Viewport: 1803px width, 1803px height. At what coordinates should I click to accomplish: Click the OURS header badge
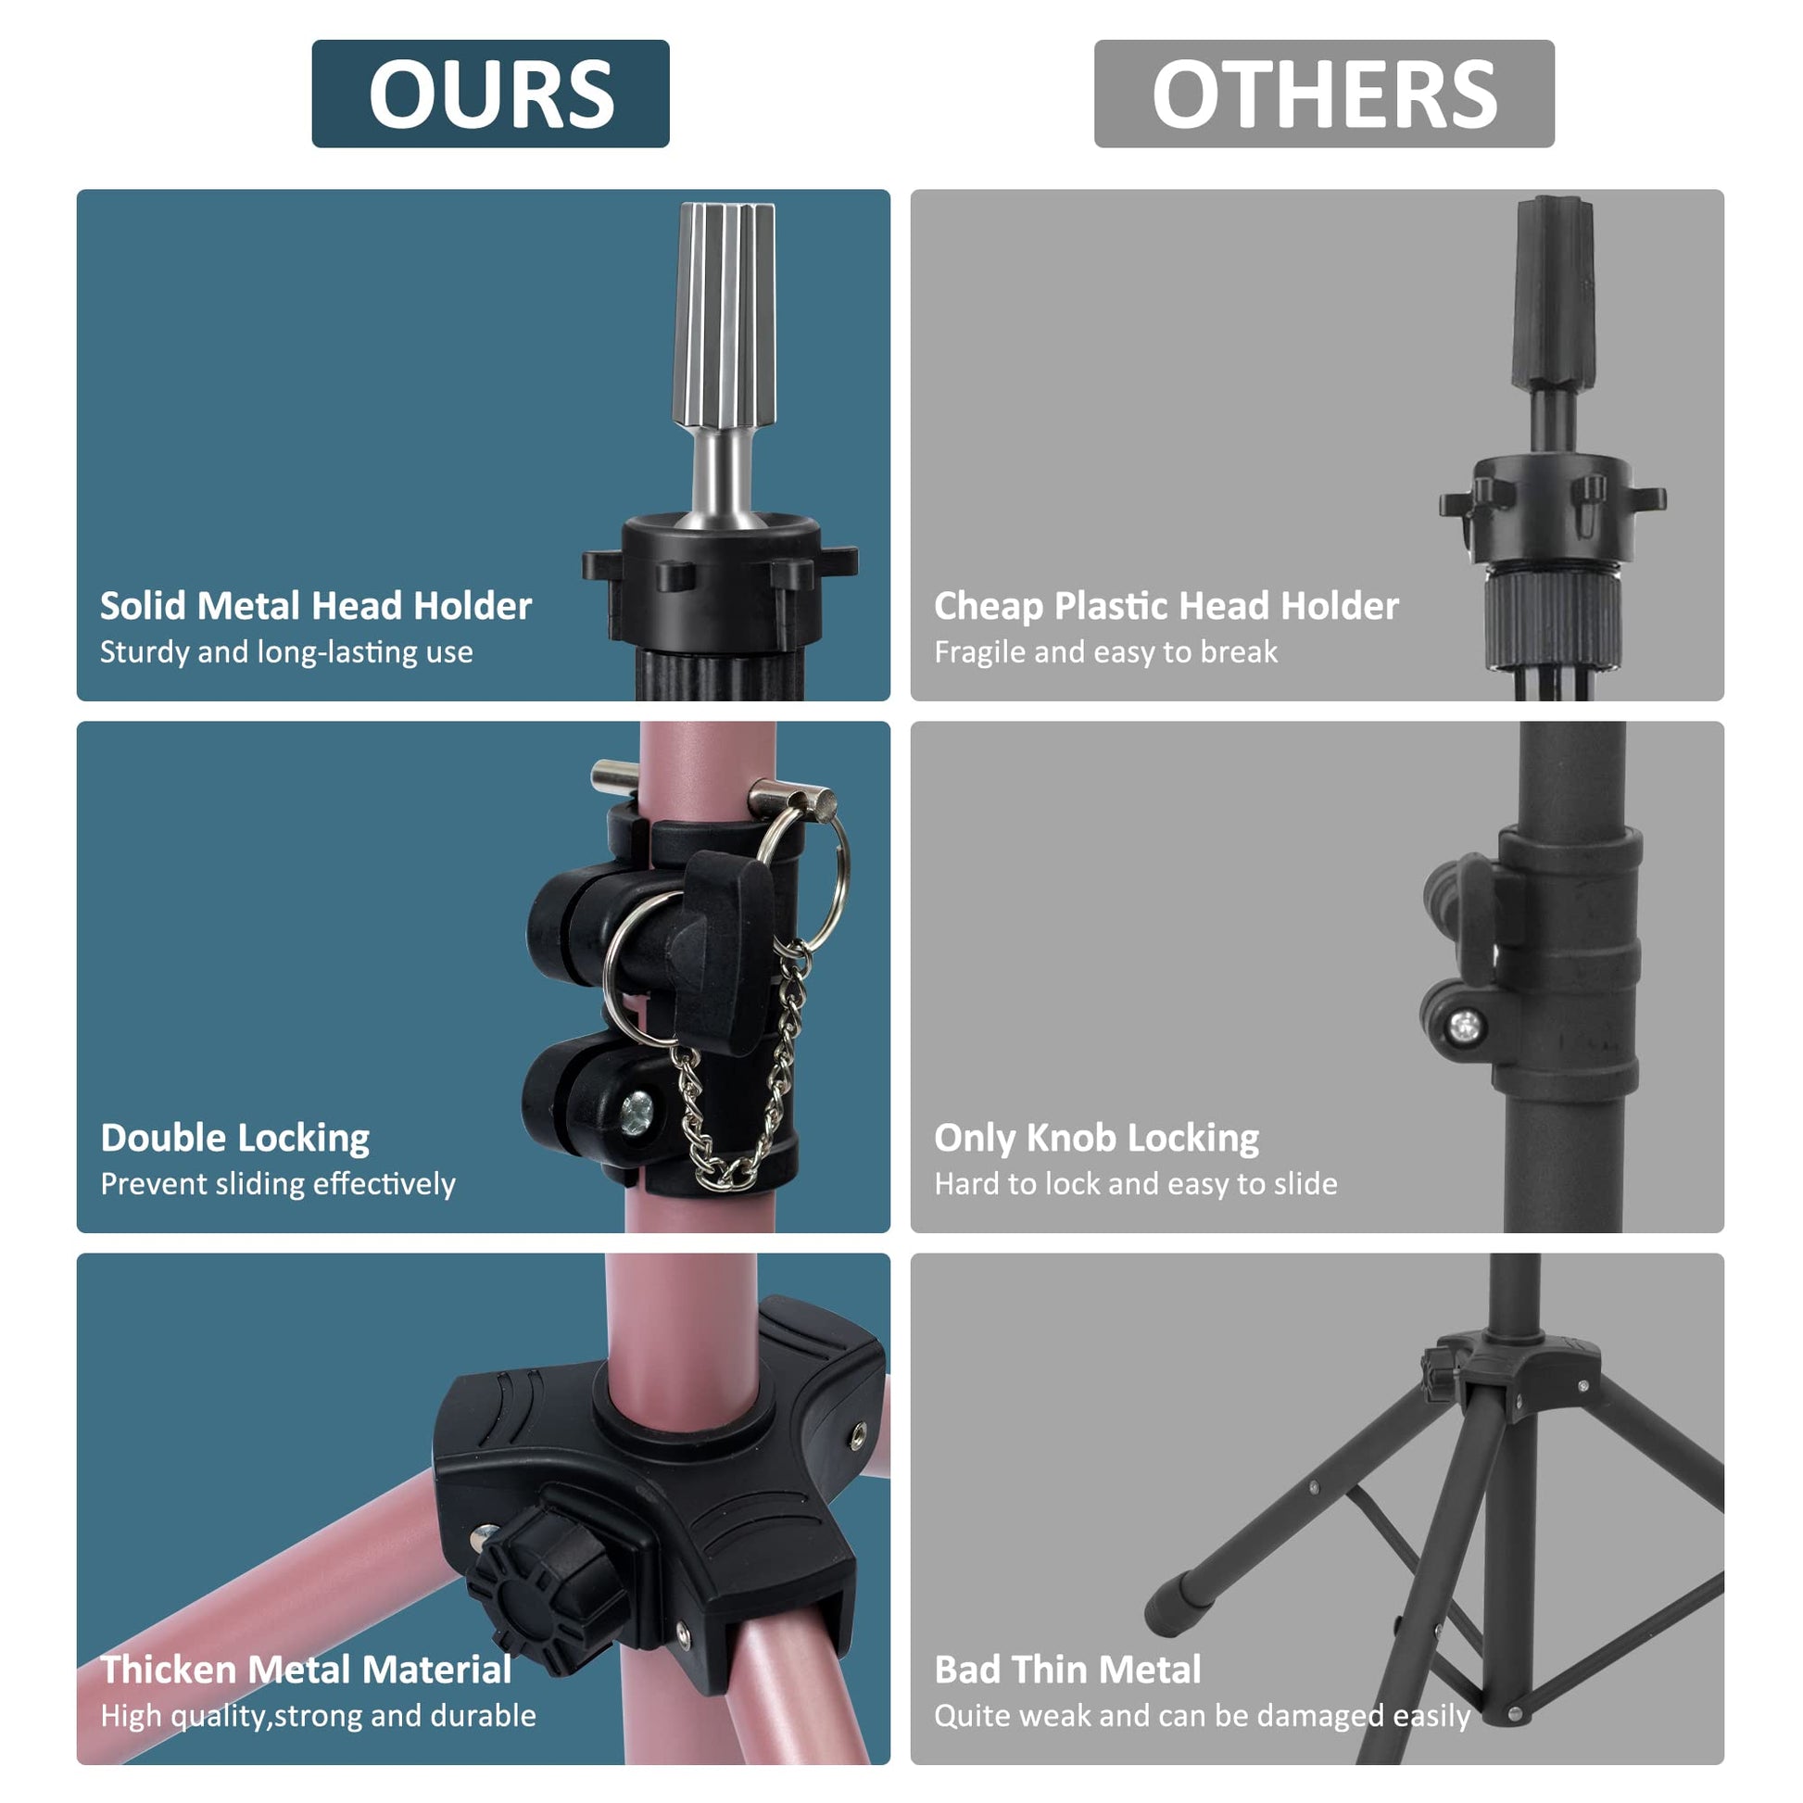pyautogui.click(x=490, y=94)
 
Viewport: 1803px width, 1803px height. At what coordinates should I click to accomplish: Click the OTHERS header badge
pyautogui.click(x=1324, y=94)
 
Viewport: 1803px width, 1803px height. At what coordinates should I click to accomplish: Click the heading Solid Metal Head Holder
pyautogui.click(x=315, y=606)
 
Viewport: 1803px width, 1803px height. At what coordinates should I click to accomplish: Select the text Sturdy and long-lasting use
pyautogui.click(x=286, y=651)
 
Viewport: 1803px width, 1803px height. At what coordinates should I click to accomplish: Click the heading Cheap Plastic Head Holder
pyautogui.click(x=1166, y=607)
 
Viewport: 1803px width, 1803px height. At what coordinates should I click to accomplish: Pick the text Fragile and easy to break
pyautogui.click(x=1106, y=651)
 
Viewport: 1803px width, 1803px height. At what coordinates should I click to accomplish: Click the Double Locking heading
pyautogui.click(x=235, y=1139)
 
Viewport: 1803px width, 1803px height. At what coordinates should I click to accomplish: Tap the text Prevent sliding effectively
pyautogui.click(x=278, y=1183)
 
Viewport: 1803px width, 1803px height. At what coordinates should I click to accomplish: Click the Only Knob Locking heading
pyautogui.click(x=1097, y=1139)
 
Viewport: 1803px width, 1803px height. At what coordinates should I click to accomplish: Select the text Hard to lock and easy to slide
pyautogui.click(x=1136, y=1183)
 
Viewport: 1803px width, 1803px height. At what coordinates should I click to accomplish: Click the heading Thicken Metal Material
pyautogui.click(x=306, y=1670)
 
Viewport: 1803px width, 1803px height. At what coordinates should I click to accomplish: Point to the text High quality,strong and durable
pyautogui.click(x=318, y=1715)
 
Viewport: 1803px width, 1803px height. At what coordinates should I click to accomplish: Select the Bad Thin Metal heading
pyautogui.click(x=1067, y=1670)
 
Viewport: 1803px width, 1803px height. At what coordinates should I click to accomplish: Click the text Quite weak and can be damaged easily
pyautogui.click(x=1202, y=1715)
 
